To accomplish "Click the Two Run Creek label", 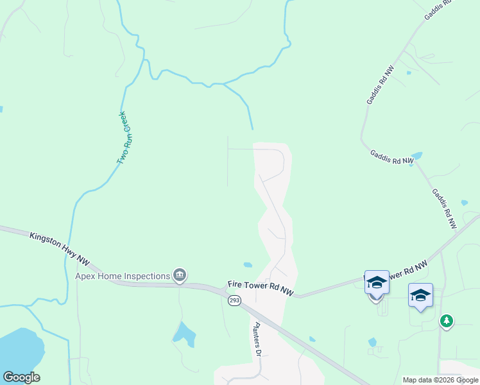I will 122,139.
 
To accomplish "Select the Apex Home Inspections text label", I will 123,277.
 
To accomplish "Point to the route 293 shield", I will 234,300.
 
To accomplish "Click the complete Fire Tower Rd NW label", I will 261,288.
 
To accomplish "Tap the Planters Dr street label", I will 258,339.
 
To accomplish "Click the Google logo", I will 21,377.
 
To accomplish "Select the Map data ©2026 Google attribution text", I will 440,380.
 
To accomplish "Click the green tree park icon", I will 446,320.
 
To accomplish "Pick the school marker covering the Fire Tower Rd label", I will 377,282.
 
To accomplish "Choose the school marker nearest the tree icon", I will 420,295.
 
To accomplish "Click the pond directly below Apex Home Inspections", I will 184,334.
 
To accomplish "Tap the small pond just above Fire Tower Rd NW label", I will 248,264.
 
